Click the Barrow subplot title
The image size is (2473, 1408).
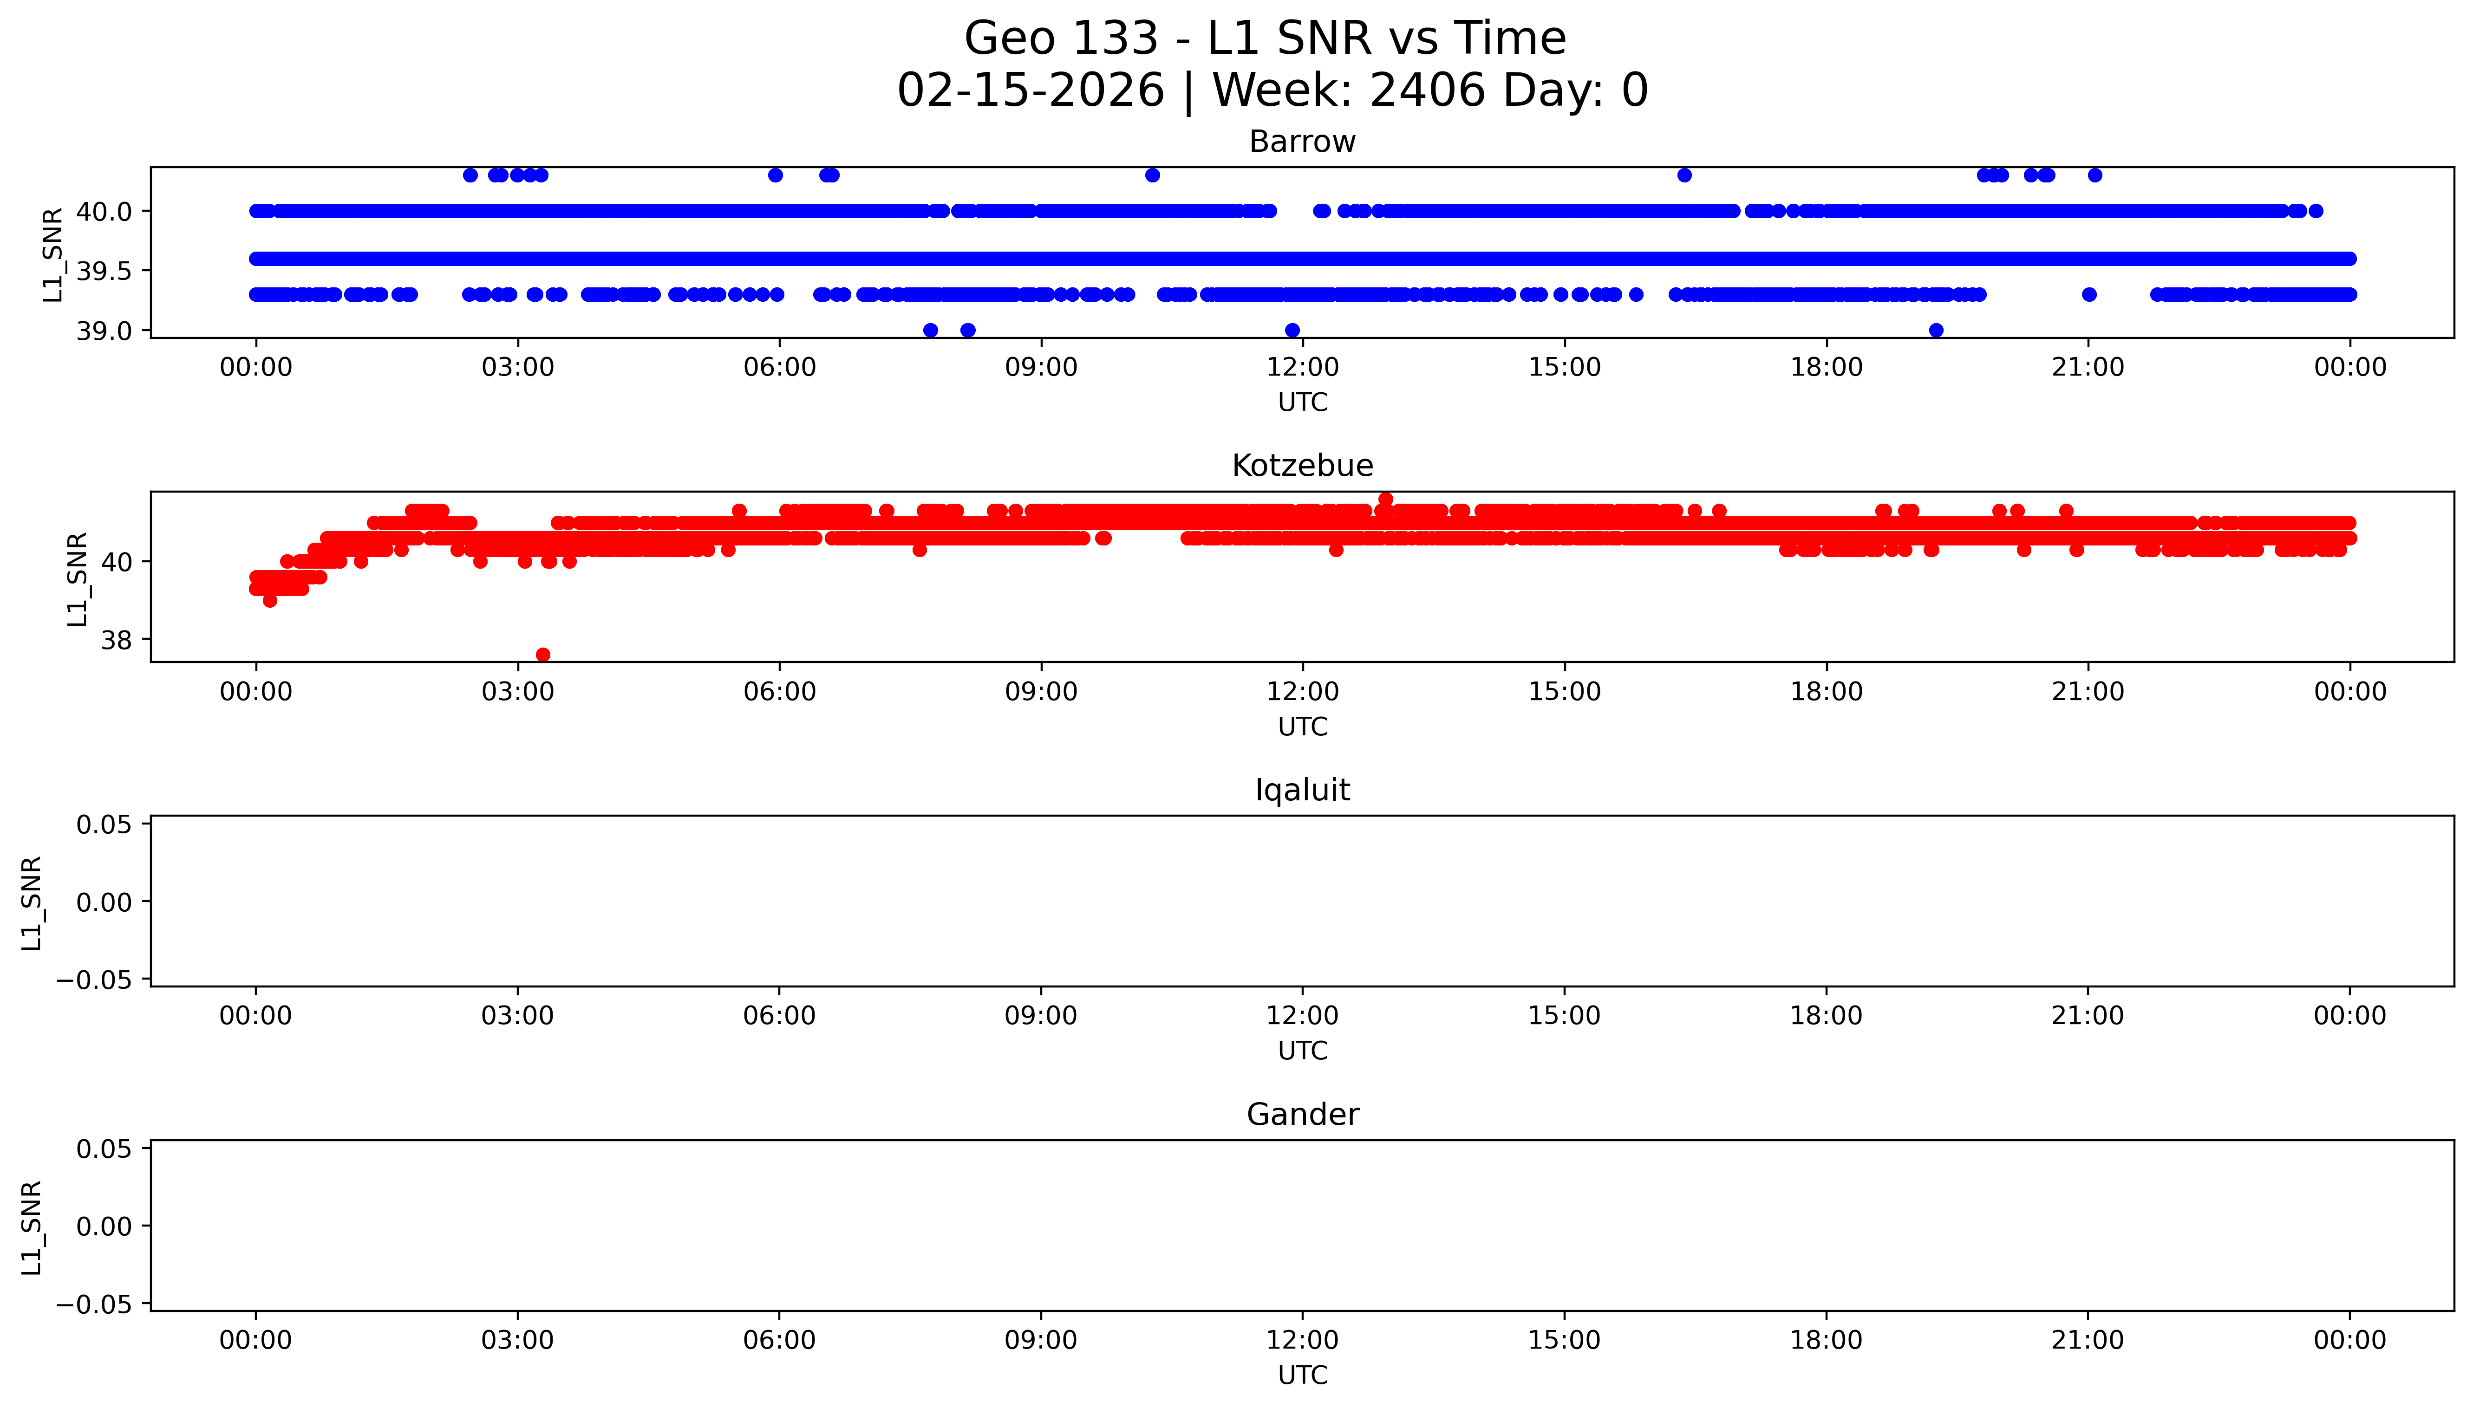click(x=1302, y=142)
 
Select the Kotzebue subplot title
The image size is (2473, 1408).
click(x=1302, y=466)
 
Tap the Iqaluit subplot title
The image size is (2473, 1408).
click(x=1302, y=790)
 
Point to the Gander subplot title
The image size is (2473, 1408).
click(x=1302, y=1115)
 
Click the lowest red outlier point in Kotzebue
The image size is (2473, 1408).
click(x=542, y=655)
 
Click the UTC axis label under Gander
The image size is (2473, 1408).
click(x=1302, y=1375)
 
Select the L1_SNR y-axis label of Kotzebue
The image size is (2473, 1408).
click(x=78, y=578)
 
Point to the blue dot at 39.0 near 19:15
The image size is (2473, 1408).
click(x=1935, y=331)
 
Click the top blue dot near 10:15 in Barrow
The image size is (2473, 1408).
click(x=1152, y=175)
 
